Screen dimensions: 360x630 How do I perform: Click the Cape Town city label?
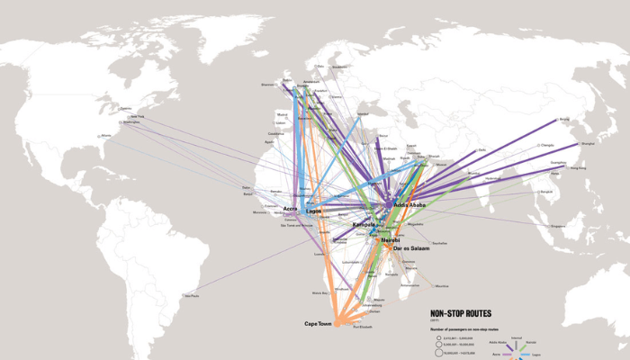point(319,323)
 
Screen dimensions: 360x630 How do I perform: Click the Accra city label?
point(290,209)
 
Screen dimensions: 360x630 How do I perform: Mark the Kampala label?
point(364,224)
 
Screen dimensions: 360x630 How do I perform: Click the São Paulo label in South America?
point(191,295)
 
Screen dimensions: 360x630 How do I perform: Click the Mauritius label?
point(441,285)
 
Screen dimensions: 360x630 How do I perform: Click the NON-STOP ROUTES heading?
point(461,314)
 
